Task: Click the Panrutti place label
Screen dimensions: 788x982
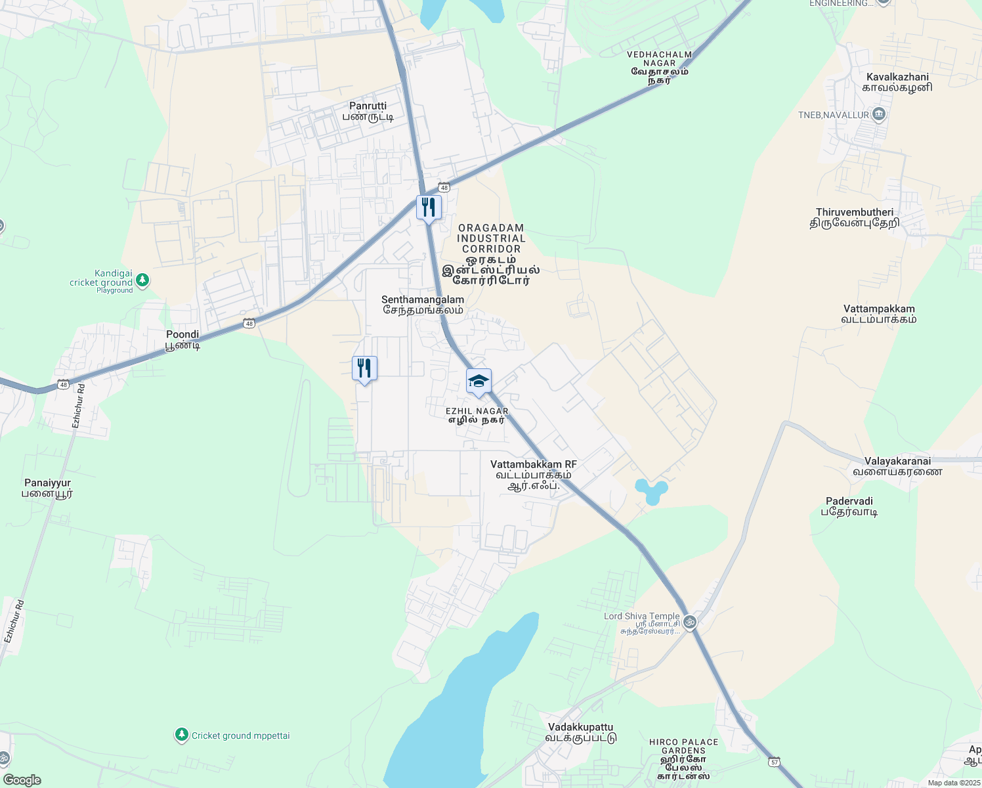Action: (x=368, y=111)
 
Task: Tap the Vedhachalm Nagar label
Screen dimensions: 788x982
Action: (x=659, y=68)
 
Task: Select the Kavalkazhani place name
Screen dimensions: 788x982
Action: (x=897, y=82)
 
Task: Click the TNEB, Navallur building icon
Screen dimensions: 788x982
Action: (x=880, y=115)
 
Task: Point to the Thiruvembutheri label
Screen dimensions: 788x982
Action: (x=854, y=217)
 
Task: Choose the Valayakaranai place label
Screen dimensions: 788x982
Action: (x=897, y=466)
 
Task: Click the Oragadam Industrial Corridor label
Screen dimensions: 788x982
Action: (x=491, y=254)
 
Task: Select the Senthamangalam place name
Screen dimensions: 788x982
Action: (x=423, y=305)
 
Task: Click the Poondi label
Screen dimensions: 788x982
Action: (x=182, y=339)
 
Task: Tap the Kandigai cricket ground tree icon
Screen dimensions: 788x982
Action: (x=142, y=280)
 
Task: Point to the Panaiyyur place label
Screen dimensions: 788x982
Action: (x=47, y=488)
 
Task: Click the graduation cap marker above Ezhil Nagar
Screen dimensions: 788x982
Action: (x=479, y=382)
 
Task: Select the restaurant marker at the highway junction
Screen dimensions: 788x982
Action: (x=429, y=208)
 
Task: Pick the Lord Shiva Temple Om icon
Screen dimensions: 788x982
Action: (x=689, y=621)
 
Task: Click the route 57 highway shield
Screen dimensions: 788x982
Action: (x=775, y=761)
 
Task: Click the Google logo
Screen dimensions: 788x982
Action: (x=22, y=780)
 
